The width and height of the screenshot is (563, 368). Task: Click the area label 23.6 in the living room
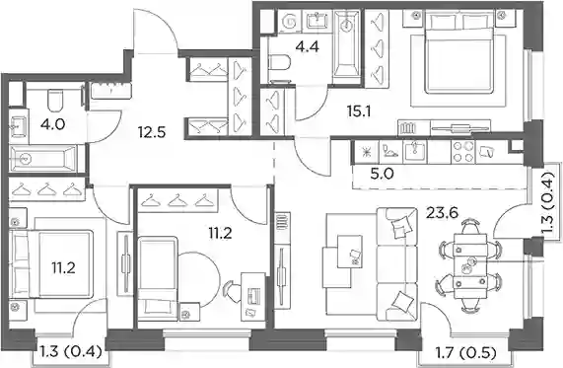442,213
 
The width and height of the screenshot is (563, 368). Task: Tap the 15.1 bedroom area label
359,111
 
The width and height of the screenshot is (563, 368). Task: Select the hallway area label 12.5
152,132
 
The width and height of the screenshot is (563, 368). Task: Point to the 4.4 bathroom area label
307,46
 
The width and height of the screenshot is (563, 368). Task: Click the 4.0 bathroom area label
53,124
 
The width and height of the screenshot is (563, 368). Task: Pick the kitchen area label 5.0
381,175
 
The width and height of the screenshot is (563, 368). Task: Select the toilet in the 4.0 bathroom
55,101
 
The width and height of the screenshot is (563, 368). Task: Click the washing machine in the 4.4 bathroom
290,22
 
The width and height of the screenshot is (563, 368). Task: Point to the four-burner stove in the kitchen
462,152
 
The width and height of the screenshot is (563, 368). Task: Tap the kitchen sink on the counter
415,152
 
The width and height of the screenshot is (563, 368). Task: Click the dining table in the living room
470,266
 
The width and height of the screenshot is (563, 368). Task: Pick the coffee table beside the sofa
350,252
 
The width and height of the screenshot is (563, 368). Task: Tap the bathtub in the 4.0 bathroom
43,158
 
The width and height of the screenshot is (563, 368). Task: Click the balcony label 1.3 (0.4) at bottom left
71,351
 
